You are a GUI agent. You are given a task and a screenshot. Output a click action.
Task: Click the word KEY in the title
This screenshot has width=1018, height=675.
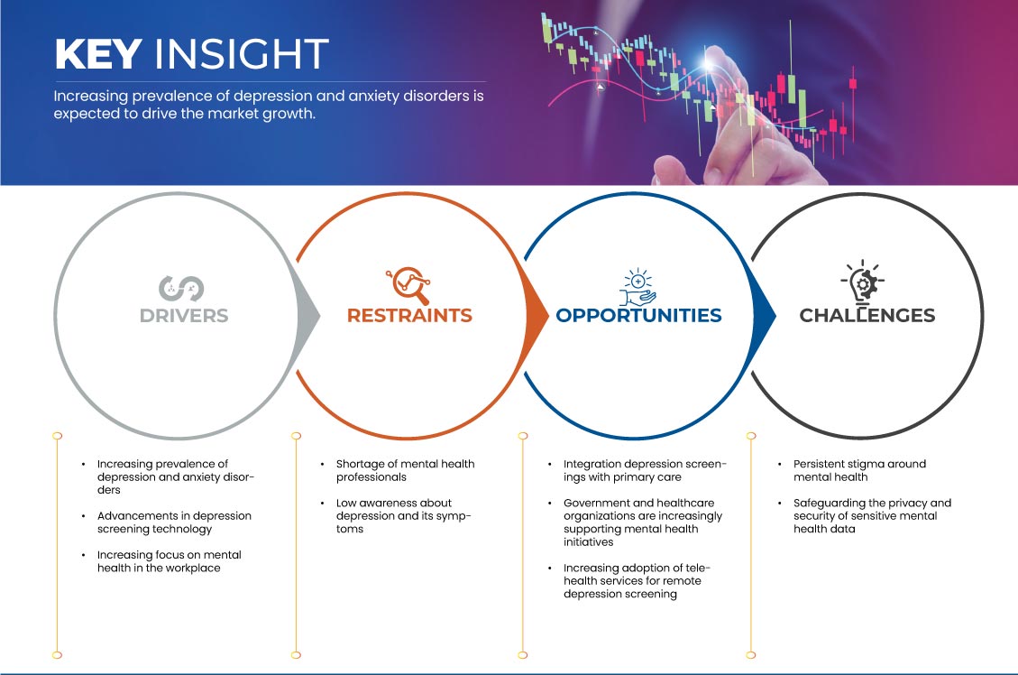click(98, 53)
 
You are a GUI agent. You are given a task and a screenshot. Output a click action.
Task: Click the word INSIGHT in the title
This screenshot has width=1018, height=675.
click(242, 53)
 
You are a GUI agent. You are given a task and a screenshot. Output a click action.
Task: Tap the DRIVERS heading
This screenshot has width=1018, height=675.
click(184, 316)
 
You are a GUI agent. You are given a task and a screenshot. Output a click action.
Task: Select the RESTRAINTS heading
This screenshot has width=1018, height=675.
click(409, 316)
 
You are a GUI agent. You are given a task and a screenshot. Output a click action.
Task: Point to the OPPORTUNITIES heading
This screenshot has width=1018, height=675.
click(639, 316)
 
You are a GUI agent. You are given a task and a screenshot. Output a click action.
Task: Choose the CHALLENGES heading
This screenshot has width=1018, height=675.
click(867, 316)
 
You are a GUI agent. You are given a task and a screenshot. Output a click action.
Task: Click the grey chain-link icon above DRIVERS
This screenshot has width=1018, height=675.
click(181, 289)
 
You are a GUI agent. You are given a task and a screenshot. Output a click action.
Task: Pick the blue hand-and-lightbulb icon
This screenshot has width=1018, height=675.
click(637, 286)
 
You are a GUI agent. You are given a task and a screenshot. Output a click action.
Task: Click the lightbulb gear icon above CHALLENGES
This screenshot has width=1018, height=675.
click(863, 282)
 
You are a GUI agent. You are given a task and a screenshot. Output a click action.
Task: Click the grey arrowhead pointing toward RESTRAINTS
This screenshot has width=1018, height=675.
click(308, 317)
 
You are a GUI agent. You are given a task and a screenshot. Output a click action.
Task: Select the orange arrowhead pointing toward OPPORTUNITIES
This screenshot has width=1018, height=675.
click(537, 317)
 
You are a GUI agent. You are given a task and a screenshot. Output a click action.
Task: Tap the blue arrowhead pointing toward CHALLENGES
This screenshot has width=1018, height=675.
click(764, 317)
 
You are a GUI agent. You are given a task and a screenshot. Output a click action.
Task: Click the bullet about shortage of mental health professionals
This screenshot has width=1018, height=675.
click(405, 470)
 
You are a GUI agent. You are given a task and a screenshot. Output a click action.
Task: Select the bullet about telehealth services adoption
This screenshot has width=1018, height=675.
click(637, 581)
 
